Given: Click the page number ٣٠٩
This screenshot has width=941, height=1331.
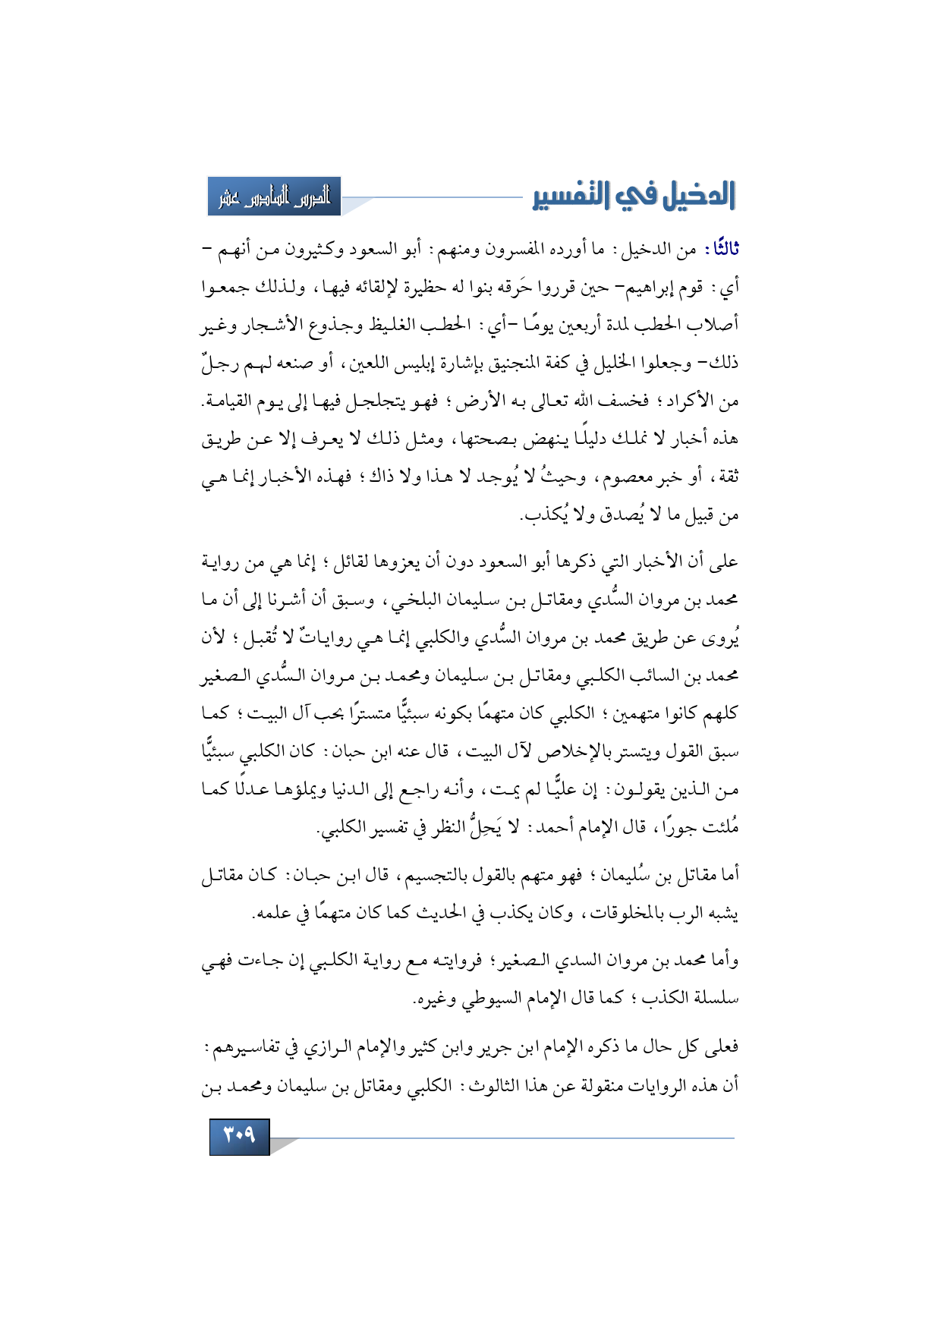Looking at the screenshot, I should click(239, 1136).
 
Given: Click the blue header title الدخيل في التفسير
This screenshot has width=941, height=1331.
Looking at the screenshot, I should click(634, 196).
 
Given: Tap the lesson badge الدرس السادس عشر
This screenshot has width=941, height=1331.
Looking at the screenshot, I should click(274, 197).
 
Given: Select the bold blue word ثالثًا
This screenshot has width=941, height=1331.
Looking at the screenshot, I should click(722, 250).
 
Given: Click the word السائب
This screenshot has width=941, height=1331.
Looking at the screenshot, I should click(641, 676).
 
